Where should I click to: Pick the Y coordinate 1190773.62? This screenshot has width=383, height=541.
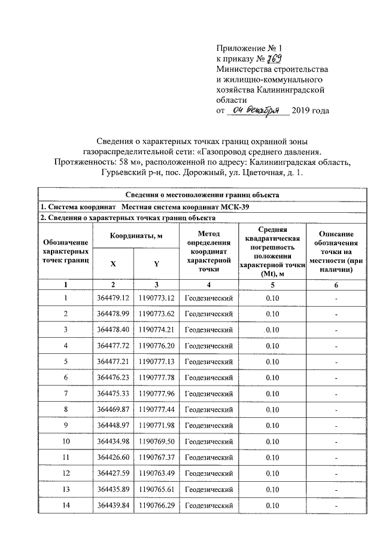(x=156, y=313)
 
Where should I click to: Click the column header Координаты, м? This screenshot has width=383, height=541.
(x=136, y=236)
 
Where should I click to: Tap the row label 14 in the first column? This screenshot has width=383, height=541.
(x=66, y=506)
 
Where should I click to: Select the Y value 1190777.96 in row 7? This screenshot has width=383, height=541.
(x=156, y=393)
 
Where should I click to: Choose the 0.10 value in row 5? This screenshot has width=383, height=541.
(x=272, y=362)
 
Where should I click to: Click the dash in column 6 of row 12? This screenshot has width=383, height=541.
(x=336, y=474)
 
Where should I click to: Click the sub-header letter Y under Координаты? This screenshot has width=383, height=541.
(x=156, y=263)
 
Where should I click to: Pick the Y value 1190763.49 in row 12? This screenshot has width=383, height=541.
(x=156, y=473)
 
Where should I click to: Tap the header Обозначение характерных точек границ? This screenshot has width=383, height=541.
(x=66, y=252)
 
